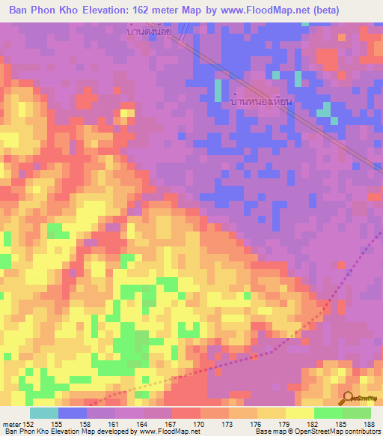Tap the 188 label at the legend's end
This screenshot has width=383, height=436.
click(370, 424)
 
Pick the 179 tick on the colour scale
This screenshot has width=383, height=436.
click(285, 424)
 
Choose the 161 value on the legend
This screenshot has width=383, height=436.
click(114, 424)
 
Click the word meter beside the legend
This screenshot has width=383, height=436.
click(10, 424)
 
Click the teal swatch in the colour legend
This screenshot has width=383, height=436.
click(43, 413)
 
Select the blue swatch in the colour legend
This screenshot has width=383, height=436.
click(72, 413)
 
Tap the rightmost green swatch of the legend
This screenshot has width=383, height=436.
click(356, 413)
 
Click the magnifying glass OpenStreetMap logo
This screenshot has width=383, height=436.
click(348, 399)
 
